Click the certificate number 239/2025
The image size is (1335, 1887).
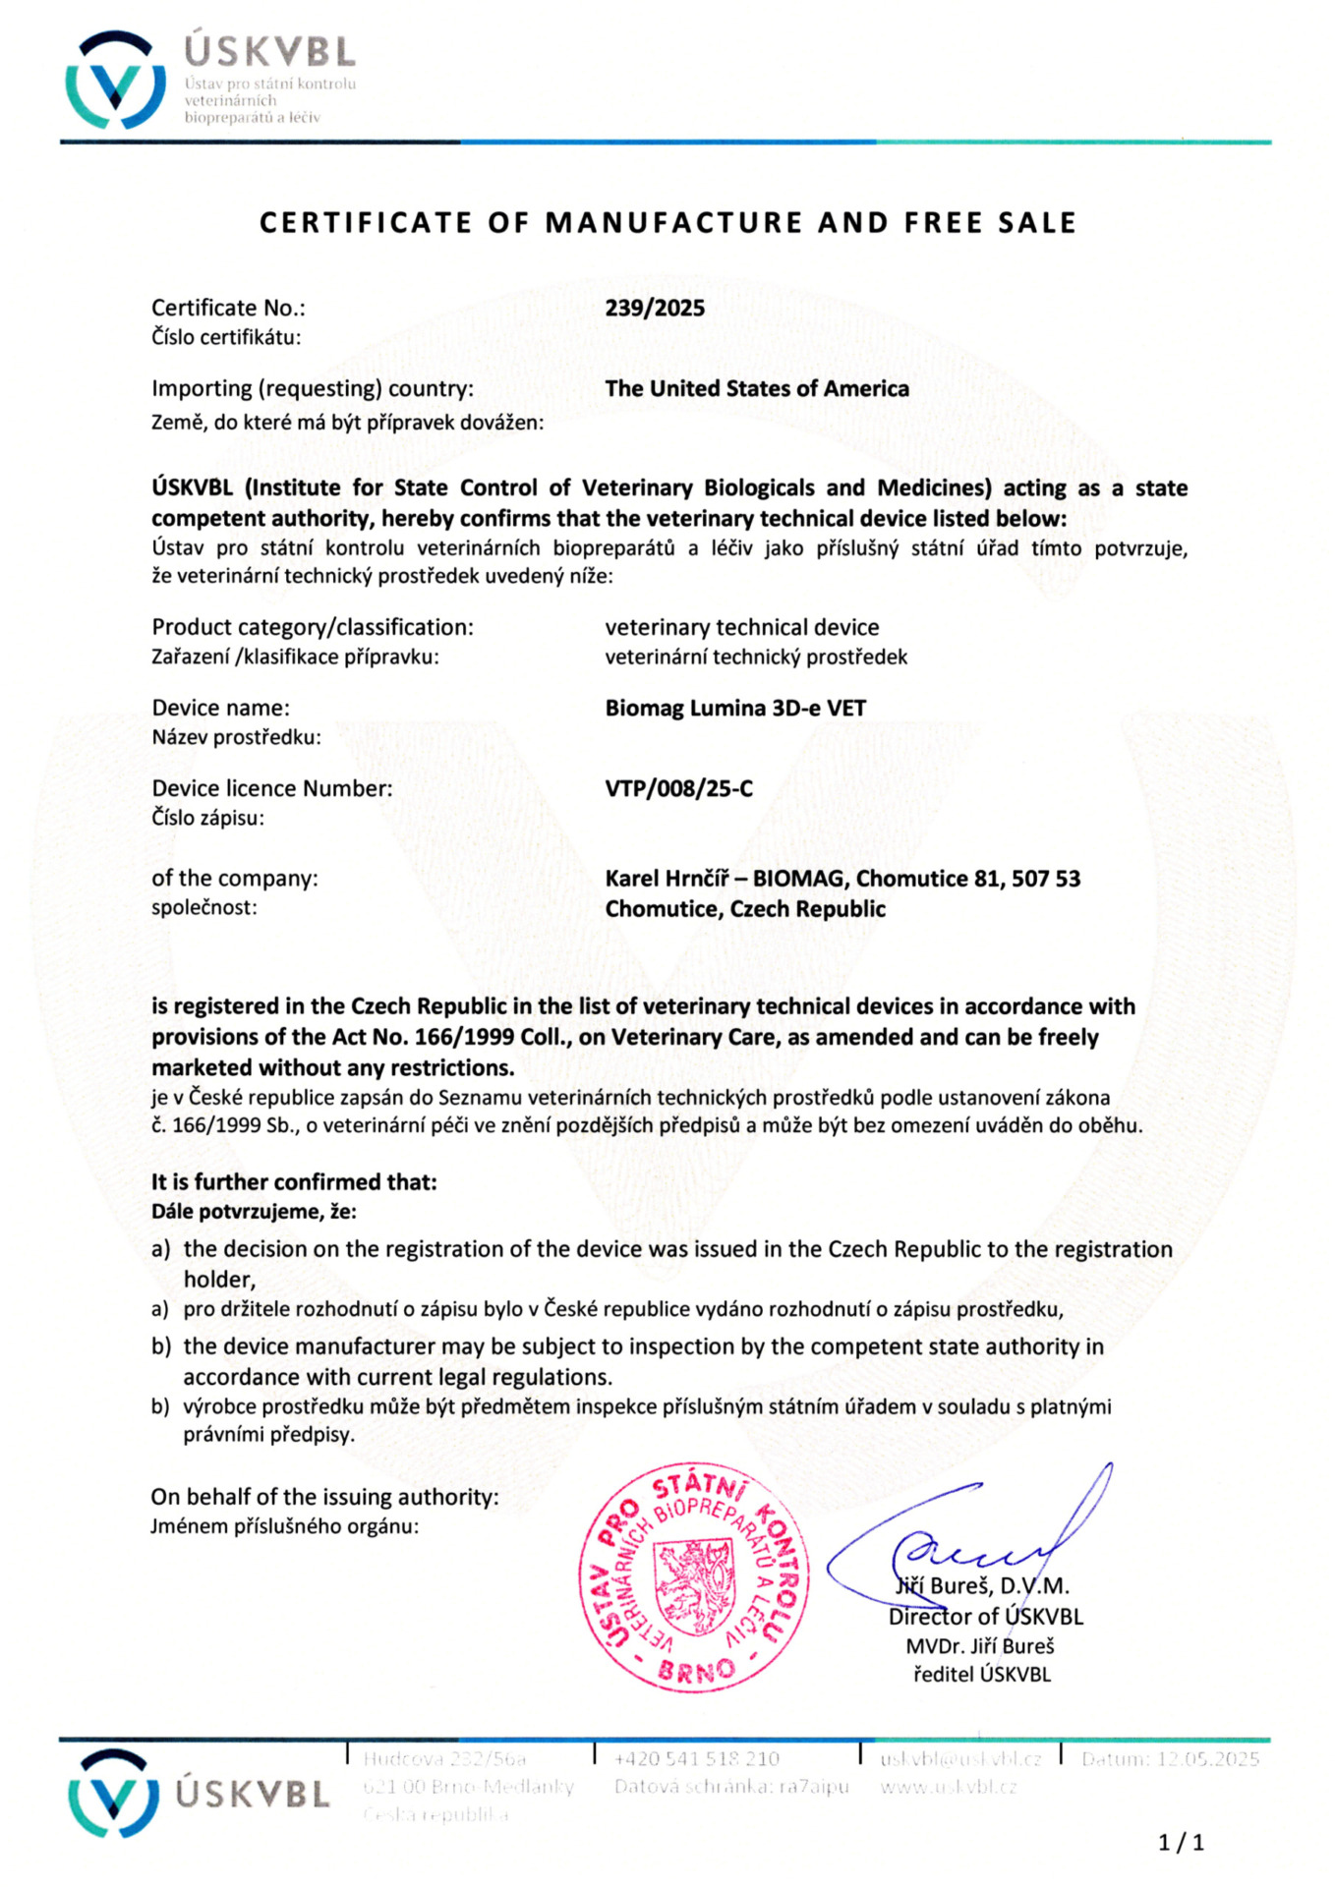655,308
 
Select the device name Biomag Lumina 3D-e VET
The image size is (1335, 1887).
735,708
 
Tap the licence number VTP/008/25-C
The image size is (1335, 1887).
678,788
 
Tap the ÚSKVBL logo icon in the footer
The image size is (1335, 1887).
114,1795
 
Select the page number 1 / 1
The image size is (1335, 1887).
1181,1842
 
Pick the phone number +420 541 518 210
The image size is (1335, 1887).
696,1758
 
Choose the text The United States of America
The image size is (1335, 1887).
757,388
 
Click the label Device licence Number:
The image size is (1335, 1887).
271,788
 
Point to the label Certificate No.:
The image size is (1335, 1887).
228,308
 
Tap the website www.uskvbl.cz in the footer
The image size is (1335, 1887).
948,1786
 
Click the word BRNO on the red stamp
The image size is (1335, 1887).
696,1670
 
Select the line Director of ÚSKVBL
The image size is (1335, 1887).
985,1616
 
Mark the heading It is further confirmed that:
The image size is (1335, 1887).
294,1181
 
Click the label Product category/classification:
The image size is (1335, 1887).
313,627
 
